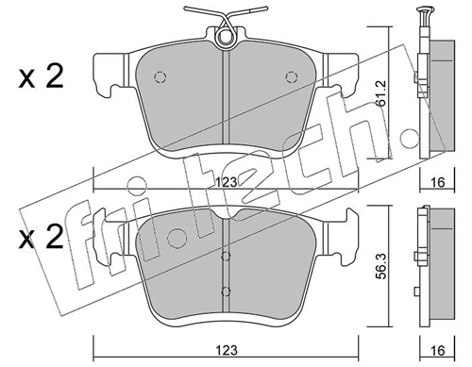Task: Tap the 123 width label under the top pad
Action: point(227,182)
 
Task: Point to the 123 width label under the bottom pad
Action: point(227,350)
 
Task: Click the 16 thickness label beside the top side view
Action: point(438,182)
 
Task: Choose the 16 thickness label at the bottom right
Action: point(438,350)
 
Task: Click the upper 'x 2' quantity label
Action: point(41,76)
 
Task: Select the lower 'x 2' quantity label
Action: point(41,238)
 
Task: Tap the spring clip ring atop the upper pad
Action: point(226,37)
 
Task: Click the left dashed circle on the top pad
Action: point(160,77)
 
